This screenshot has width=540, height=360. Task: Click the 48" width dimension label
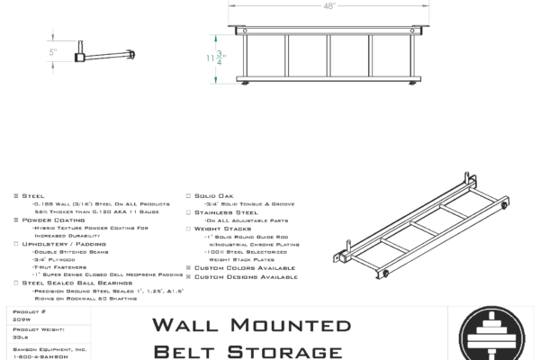tap(330, 5)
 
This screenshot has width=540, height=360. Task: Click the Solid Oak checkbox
tap(187, 195)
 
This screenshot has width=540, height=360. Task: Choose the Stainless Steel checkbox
tap(187, 211)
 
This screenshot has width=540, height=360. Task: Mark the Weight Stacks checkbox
tap(187, 228)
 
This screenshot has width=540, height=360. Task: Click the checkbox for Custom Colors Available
tap(187, 267)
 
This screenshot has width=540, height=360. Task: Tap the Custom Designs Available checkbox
tap(187, 275)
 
